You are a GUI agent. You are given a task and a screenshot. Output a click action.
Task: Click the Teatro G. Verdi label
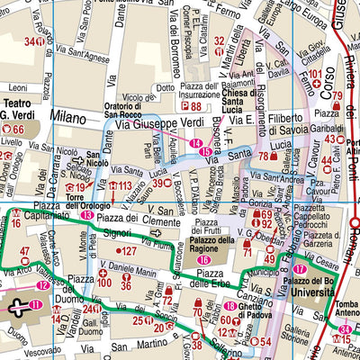click(17, 109)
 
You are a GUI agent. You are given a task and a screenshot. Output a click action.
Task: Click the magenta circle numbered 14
click(196, 142)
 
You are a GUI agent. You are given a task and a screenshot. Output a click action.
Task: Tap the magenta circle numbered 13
click(86, 216)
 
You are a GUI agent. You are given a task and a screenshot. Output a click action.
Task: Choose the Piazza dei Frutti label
click(208, 225)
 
